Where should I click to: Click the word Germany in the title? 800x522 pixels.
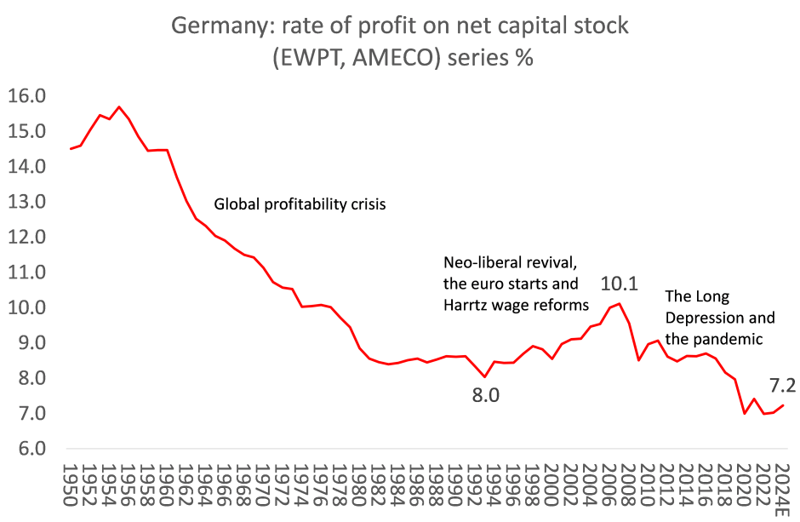click(218, 26)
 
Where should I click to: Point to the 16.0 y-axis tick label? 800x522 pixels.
click(26, 95)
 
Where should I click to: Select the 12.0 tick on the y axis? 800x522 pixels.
click(26, 237)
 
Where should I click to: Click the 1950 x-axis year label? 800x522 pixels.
click(71, 480)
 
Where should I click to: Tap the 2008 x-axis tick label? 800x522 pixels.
click(627, 480)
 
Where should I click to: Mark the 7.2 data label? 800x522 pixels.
click(783, 385)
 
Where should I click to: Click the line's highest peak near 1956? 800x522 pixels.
click(119, 106)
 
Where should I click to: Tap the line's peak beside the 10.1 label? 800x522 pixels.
click(620, 302)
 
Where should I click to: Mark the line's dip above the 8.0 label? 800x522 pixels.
click(484, 377)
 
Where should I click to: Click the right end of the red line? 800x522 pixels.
click(782, 405)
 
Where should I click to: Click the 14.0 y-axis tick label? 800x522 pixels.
click(26, 166)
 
